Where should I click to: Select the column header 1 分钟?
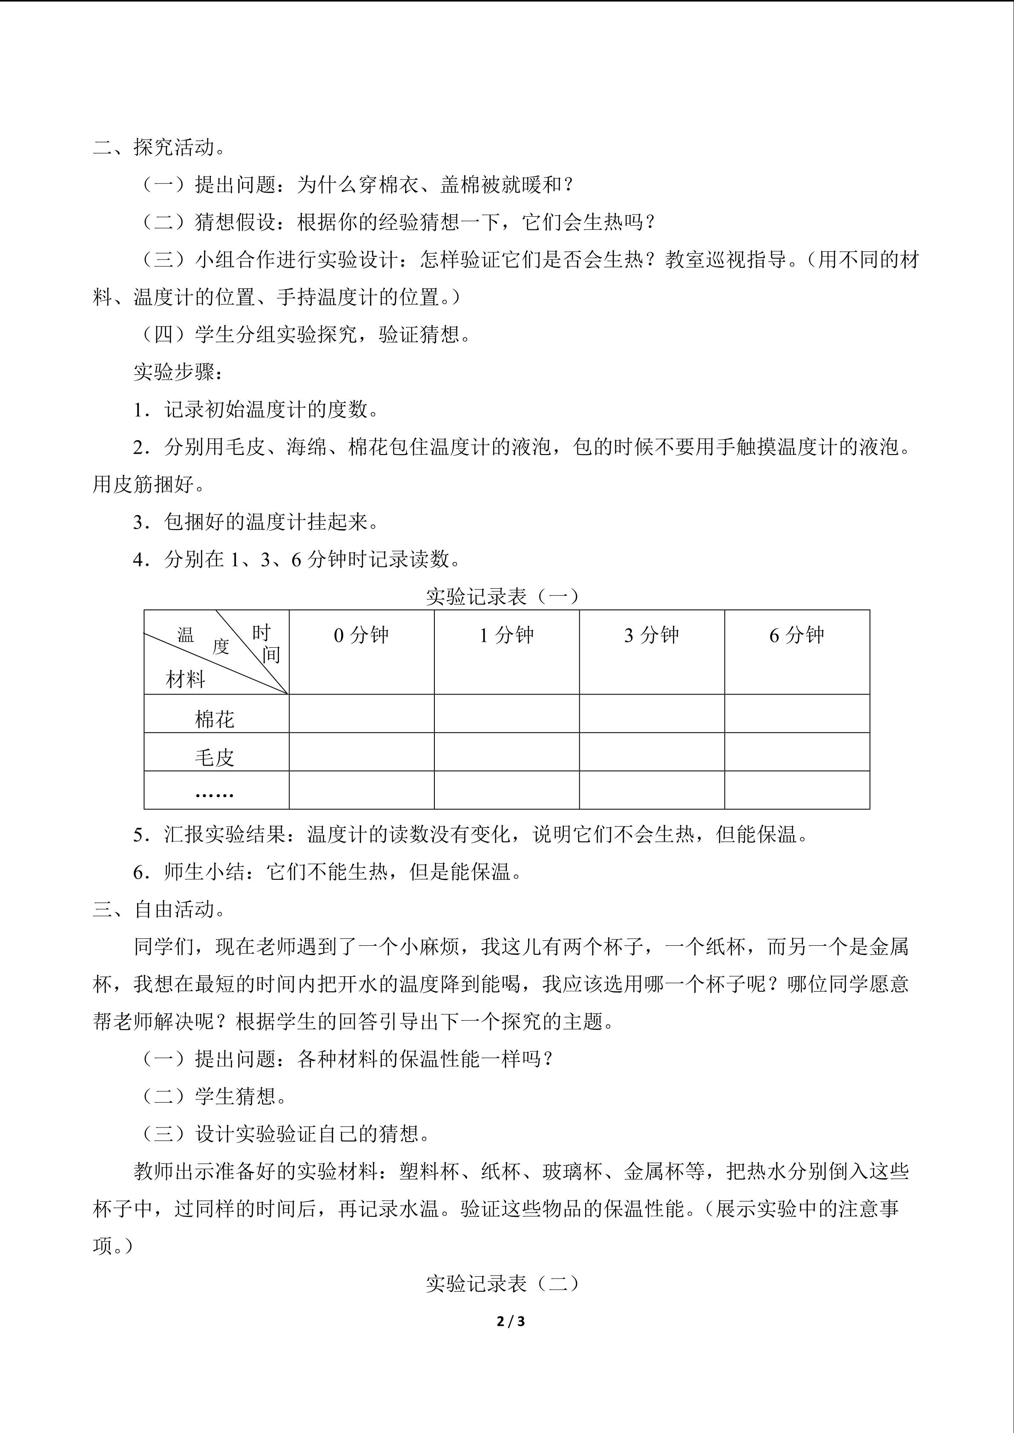[506, 635]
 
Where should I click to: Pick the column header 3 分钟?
[651, 635]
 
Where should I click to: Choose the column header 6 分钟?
[797, 635]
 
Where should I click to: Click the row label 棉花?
[214, 720]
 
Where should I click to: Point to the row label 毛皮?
[214, 758]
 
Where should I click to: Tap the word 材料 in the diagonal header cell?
[185, 680]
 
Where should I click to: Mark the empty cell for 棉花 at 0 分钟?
[362, 713]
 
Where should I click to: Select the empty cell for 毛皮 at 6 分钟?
[797, 752]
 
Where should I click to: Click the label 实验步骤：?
[178, 372]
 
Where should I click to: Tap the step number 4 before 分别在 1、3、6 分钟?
[138, 560]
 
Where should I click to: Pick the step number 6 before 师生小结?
[138, 872]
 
